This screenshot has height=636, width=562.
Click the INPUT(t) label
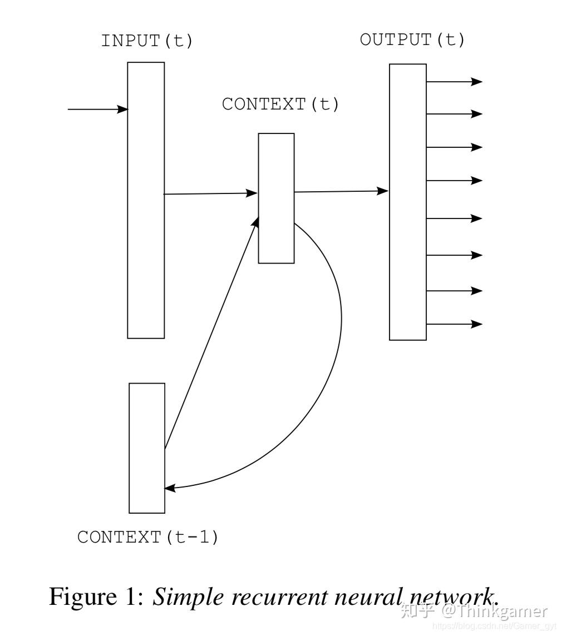[146, 41]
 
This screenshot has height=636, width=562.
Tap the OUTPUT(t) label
[412, 39]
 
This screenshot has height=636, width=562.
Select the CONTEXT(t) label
[280, 105]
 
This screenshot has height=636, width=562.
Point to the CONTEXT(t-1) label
[148, 537]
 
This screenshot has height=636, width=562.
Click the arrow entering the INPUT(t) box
[98, 109]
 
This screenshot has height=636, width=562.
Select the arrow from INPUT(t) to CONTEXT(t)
[210, 193]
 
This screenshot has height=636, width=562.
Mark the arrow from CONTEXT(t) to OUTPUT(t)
[341, 191]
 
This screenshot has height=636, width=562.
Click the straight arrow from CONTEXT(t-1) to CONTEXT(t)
[211, 334]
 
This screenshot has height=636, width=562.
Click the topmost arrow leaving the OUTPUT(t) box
[455, 82]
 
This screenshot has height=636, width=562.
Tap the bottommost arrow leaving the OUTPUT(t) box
[455, 324]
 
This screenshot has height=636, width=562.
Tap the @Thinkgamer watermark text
[495, 611]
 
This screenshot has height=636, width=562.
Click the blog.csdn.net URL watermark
[495, 626]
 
